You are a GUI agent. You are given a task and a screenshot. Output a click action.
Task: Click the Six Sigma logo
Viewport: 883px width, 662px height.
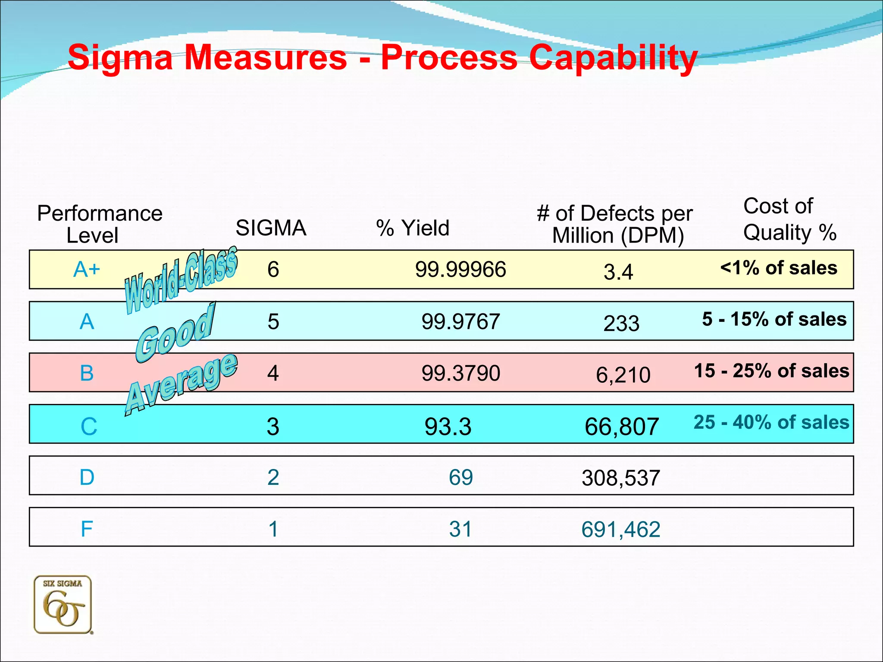tap(63, 605)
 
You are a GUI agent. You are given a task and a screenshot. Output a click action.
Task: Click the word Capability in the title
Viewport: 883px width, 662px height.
tap(613, 58)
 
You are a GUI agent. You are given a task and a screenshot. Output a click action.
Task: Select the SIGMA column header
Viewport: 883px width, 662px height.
tap(271, 228)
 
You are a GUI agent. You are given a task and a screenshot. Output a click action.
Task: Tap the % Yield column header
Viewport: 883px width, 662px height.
tap(413, 228)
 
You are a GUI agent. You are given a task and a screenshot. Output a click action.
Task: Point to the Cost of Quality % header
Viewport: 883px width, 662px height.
tap(789, 219)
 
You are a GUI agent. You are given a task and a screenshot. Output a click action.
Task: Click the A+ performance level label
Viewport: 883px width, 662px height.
tap(87, 270)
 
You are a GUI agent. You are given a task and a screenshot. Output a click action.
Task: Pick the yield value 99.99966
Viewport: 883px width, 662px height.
tap(460, 270)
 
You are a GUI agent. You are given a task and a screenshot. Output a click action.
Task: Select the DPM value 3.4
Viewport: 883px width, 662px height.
tap(618, 272)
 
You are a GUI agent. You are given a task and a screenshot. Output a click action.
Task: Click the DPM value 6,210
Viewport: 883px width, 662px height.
tap(623, 375)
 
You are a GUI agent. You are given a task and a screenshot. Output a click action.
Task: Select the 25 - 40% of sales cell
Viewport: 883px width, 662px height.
tap(771, 422)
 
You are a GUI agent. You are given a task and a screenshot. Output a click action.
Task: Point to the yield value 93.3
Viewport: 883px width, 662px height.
tap(448, 427)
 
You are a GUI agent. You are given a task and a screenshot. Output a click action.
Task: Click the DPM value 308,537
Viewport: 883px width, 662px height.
tap(621, 478)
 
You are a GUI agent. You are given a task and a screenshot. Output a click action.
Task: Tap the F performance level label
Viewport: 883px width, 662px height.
tap(87, 529)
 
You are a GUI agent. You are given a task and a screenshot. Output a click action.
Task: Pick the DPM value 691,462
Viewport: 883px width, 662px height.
tap(621, 529)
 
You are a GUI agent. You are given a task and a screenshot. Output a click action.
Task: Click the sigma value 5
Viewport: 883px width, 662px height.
tap(273, 322)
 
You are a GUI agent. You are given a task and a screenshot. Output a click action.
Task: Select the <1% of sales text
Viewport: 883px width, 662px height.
tap(779, 268)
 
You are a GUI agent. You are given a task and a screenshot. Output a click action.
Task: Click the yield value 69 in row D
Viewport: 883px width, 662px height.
tap(460, 478)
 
